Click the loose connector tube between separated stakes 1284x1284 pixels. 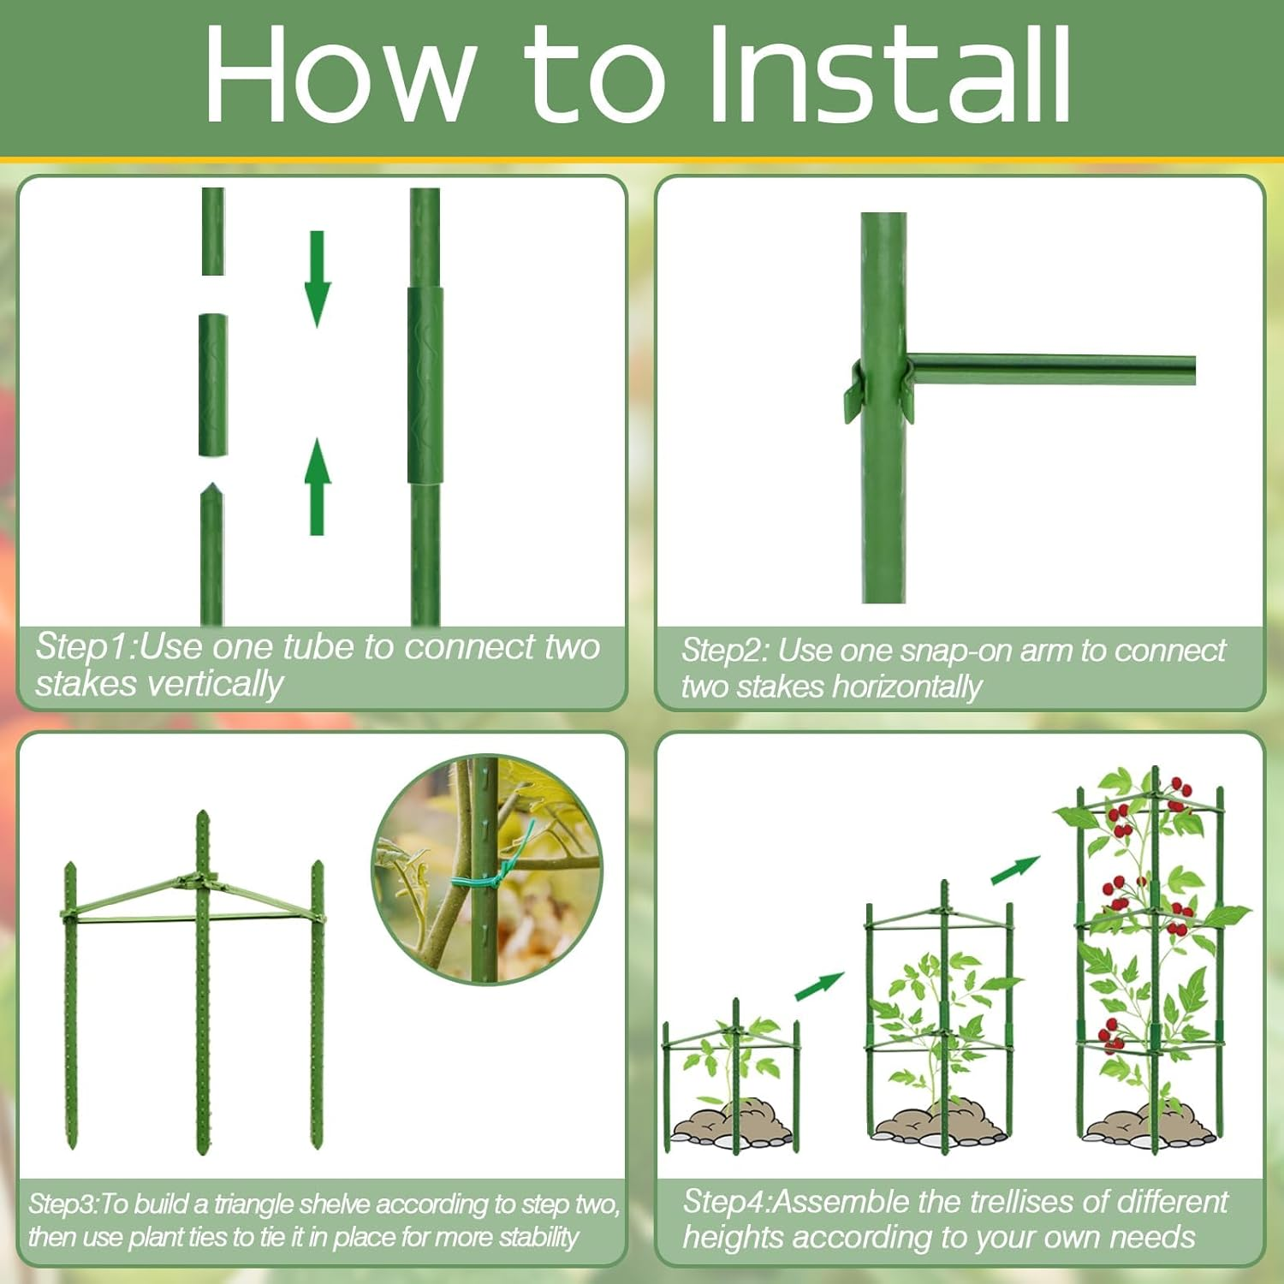[213, 385]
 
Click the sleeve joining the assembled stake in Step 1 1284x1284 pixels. [425, 385]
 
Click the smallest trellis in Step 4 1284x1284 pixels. [733, 1079]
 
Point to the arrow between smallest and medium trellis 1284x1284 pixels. [819, 985]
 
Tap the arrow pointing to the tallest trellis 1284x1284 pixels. [1015, 870]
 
